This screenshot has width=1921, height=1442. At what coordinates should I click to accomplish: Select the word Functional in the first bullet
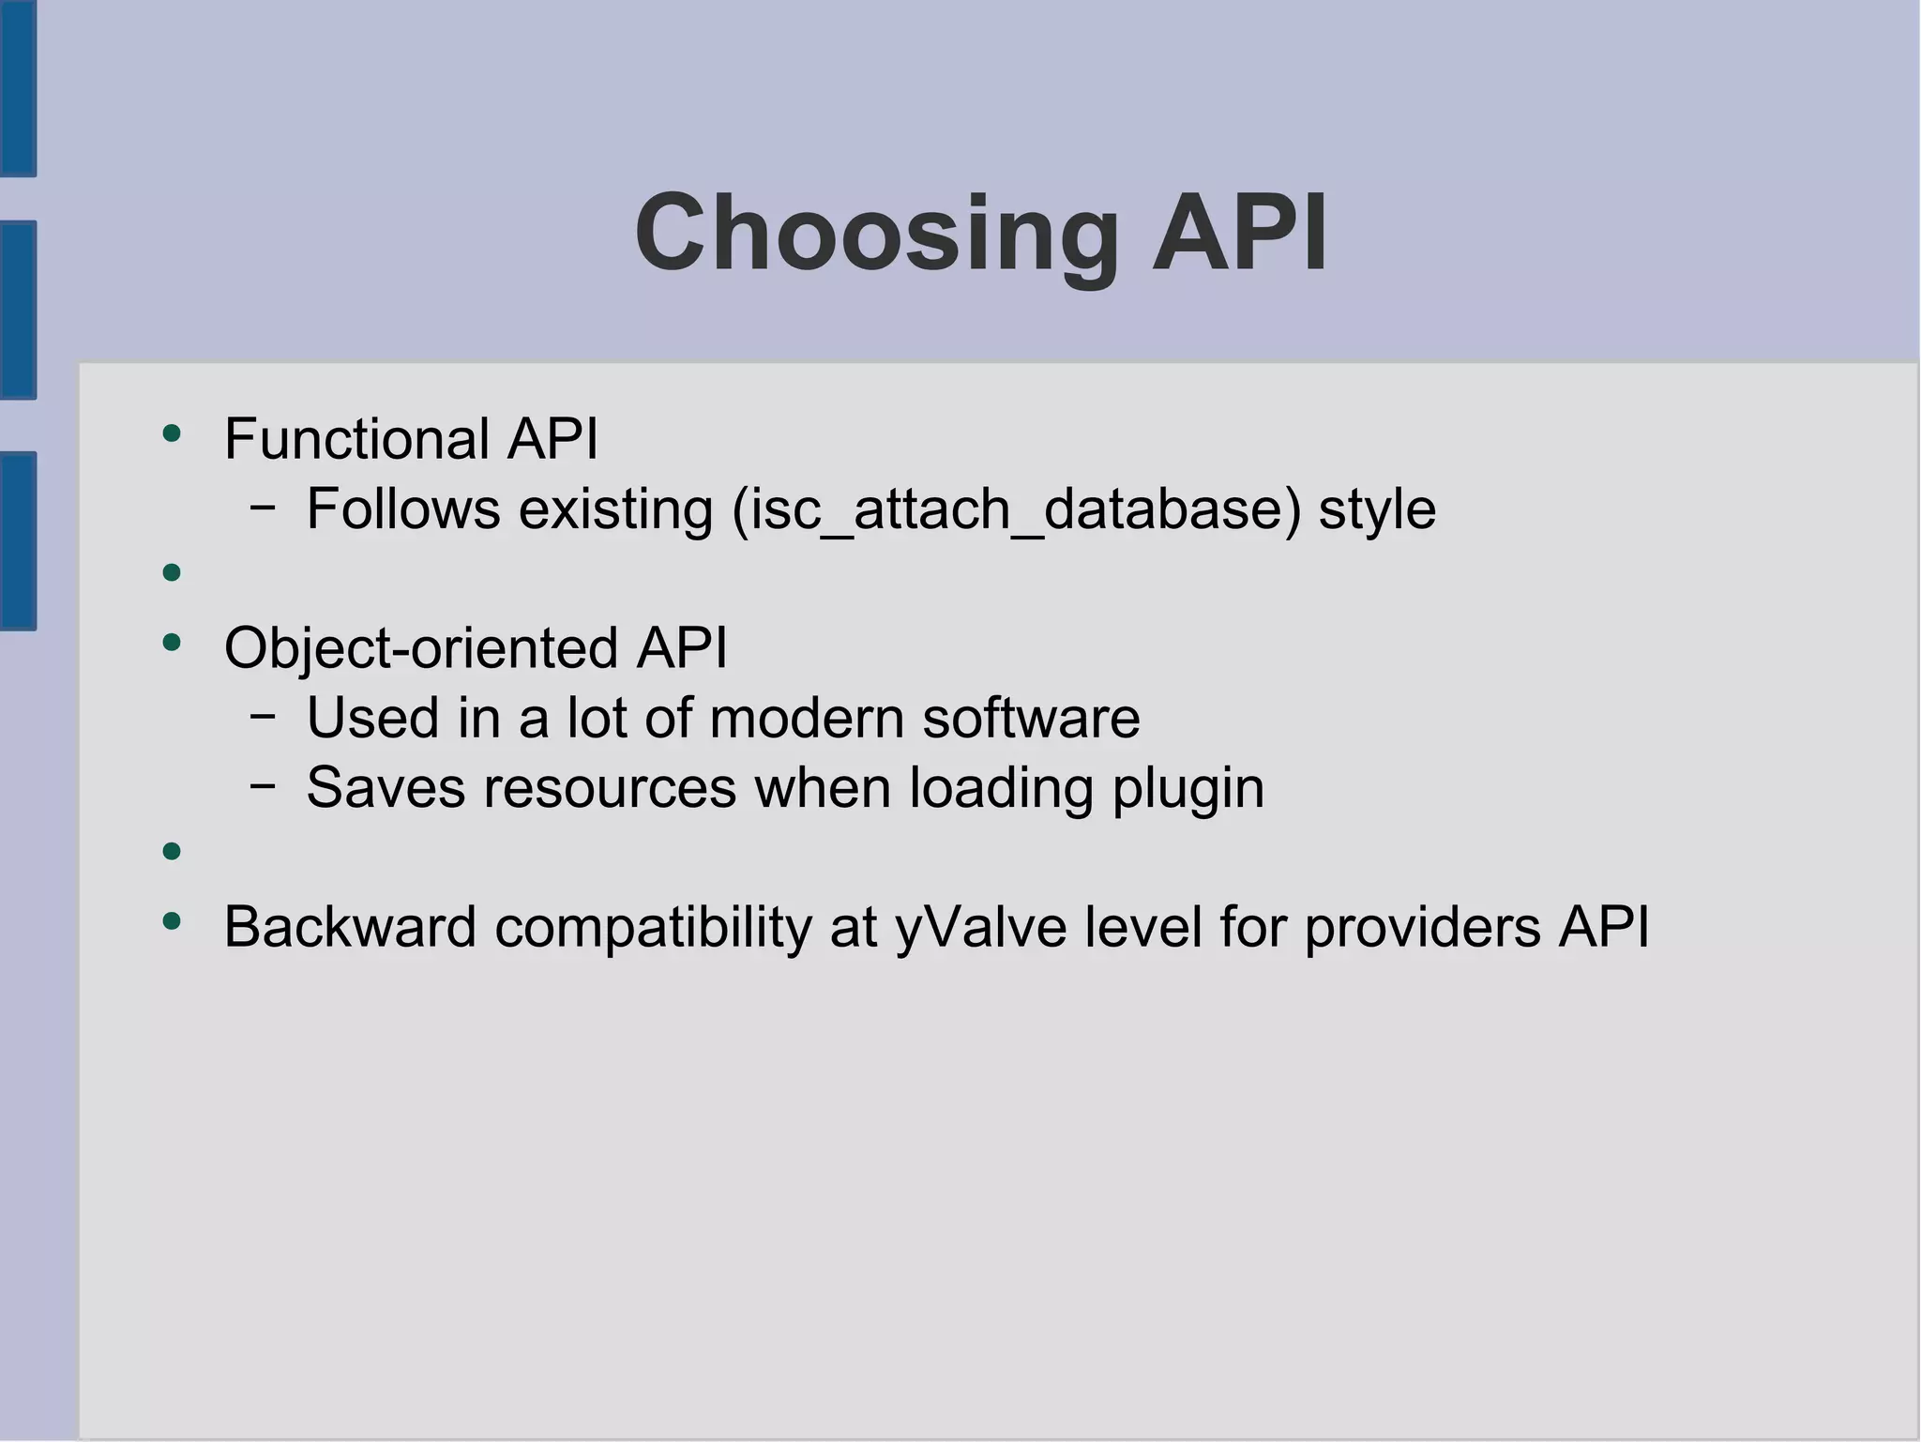(356, 439)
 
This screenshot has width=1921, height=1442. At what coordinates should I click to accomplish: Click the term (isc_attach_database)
(1016, 509)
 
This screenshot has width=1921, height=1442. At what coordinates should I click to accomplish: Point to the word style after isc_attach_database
(1377, 509)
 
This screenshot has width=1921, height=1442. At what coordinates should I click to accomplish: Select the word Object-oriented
(421, 648)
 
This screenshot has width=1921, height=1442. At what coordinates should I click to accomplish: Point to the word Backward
(350, 928)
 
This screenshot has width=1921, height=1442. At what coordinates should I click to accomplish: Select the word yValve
(980, 928)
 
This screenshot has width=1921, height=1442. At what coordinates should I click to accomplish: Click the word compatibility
(653, 928)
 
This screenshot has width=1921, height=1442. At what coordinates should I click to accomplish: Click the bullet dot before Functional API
(171, 433)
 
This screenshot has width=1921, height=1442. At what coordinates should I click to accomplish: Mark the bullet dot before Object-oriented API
(171, 643)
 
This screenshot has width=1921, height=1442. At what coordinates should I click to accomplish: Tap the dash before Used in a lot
(264, 717)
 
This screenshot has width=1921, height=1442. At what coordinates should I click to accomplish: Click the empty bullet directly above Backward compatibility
(171, 852)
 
